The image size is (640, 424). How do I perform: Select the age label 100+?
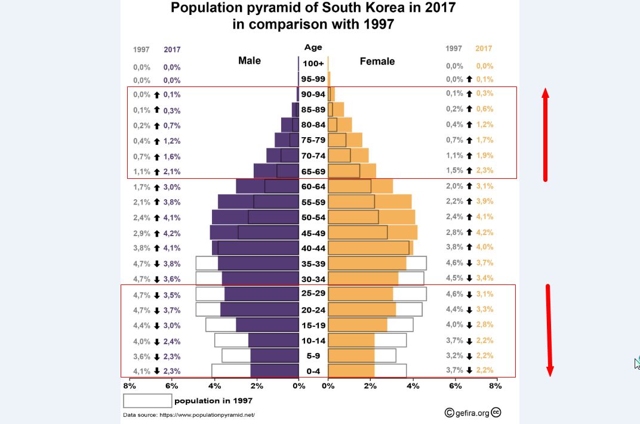pyautogui.click(x=313, y=63)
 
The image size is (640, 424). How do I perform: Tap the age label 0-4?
pyautogui.click(x=313, y=371)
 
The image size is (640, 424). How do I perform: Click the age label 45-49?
pyautogui.click(x=313, y=233)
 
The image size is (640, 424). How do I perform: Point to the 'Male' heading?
pyautogui.click(x=250, y=61)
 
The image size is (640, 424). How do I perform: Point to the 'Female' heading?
pyautogui.click(x=377, y=61)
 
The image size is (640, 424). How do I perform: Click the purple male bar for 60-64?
pyautogui.click(x=267, y=186)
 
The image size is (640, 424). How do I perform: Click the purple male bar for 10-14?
pyautogui.click(x=273, y=341)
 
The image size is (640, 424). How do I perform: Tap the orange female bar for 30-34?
pyautogui.click(x=363, y=278)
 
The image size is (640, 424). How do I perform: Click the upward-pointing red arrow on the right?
pyautogui.click(x=545, y=134)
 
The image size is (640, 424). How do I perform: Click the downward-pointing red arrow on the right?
pyautogui.click(x=549, y=331)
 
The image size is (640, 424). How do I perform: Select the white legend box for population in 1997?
pyautogui.click(x=147, y=401)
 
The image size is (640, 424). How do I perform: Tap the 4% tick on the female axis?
pyautogui.click(x=413, y=386)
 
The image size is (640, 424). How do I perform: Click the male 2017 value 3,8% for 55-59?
pyautogui.click(x=172, y=202)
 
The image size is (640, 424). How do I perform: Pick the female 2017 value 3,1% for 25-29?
pyautogui.click(x=485, y=294)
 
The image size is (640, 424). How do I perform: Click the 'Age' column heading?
pyautogui.click(x=313, y=48)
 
